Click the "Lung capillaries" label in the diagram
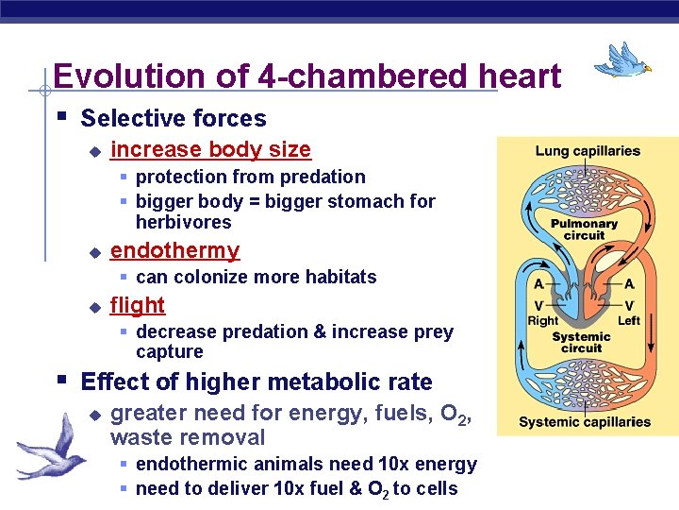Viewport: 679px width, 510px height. [x=587, y=151]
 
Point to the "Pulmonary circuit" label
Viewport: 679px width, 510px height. [x=584, y=229]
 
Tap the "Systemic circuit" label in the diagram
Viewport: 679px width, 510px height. [x=581, y=342]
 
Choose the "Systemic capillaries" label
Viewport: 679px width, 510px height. [x=585, y=421]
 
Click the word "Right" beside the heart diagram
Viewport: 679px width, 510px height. [x=543, y=321]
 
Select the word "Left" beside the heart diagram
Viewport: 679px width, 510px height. [x=628, y=321]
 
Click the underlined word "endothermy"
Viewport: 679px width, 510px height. [x=174, y=250]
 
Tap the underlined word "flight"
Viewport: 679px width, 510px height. [x=138, y=305]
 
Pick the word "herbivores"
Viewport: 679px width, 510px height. [x=183, y=223]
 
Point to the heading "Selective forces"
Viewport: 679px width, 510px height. [x=174, y=119]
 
